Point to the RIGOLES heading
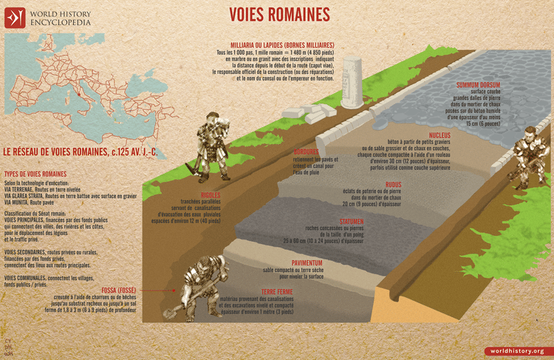[191, 195]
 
